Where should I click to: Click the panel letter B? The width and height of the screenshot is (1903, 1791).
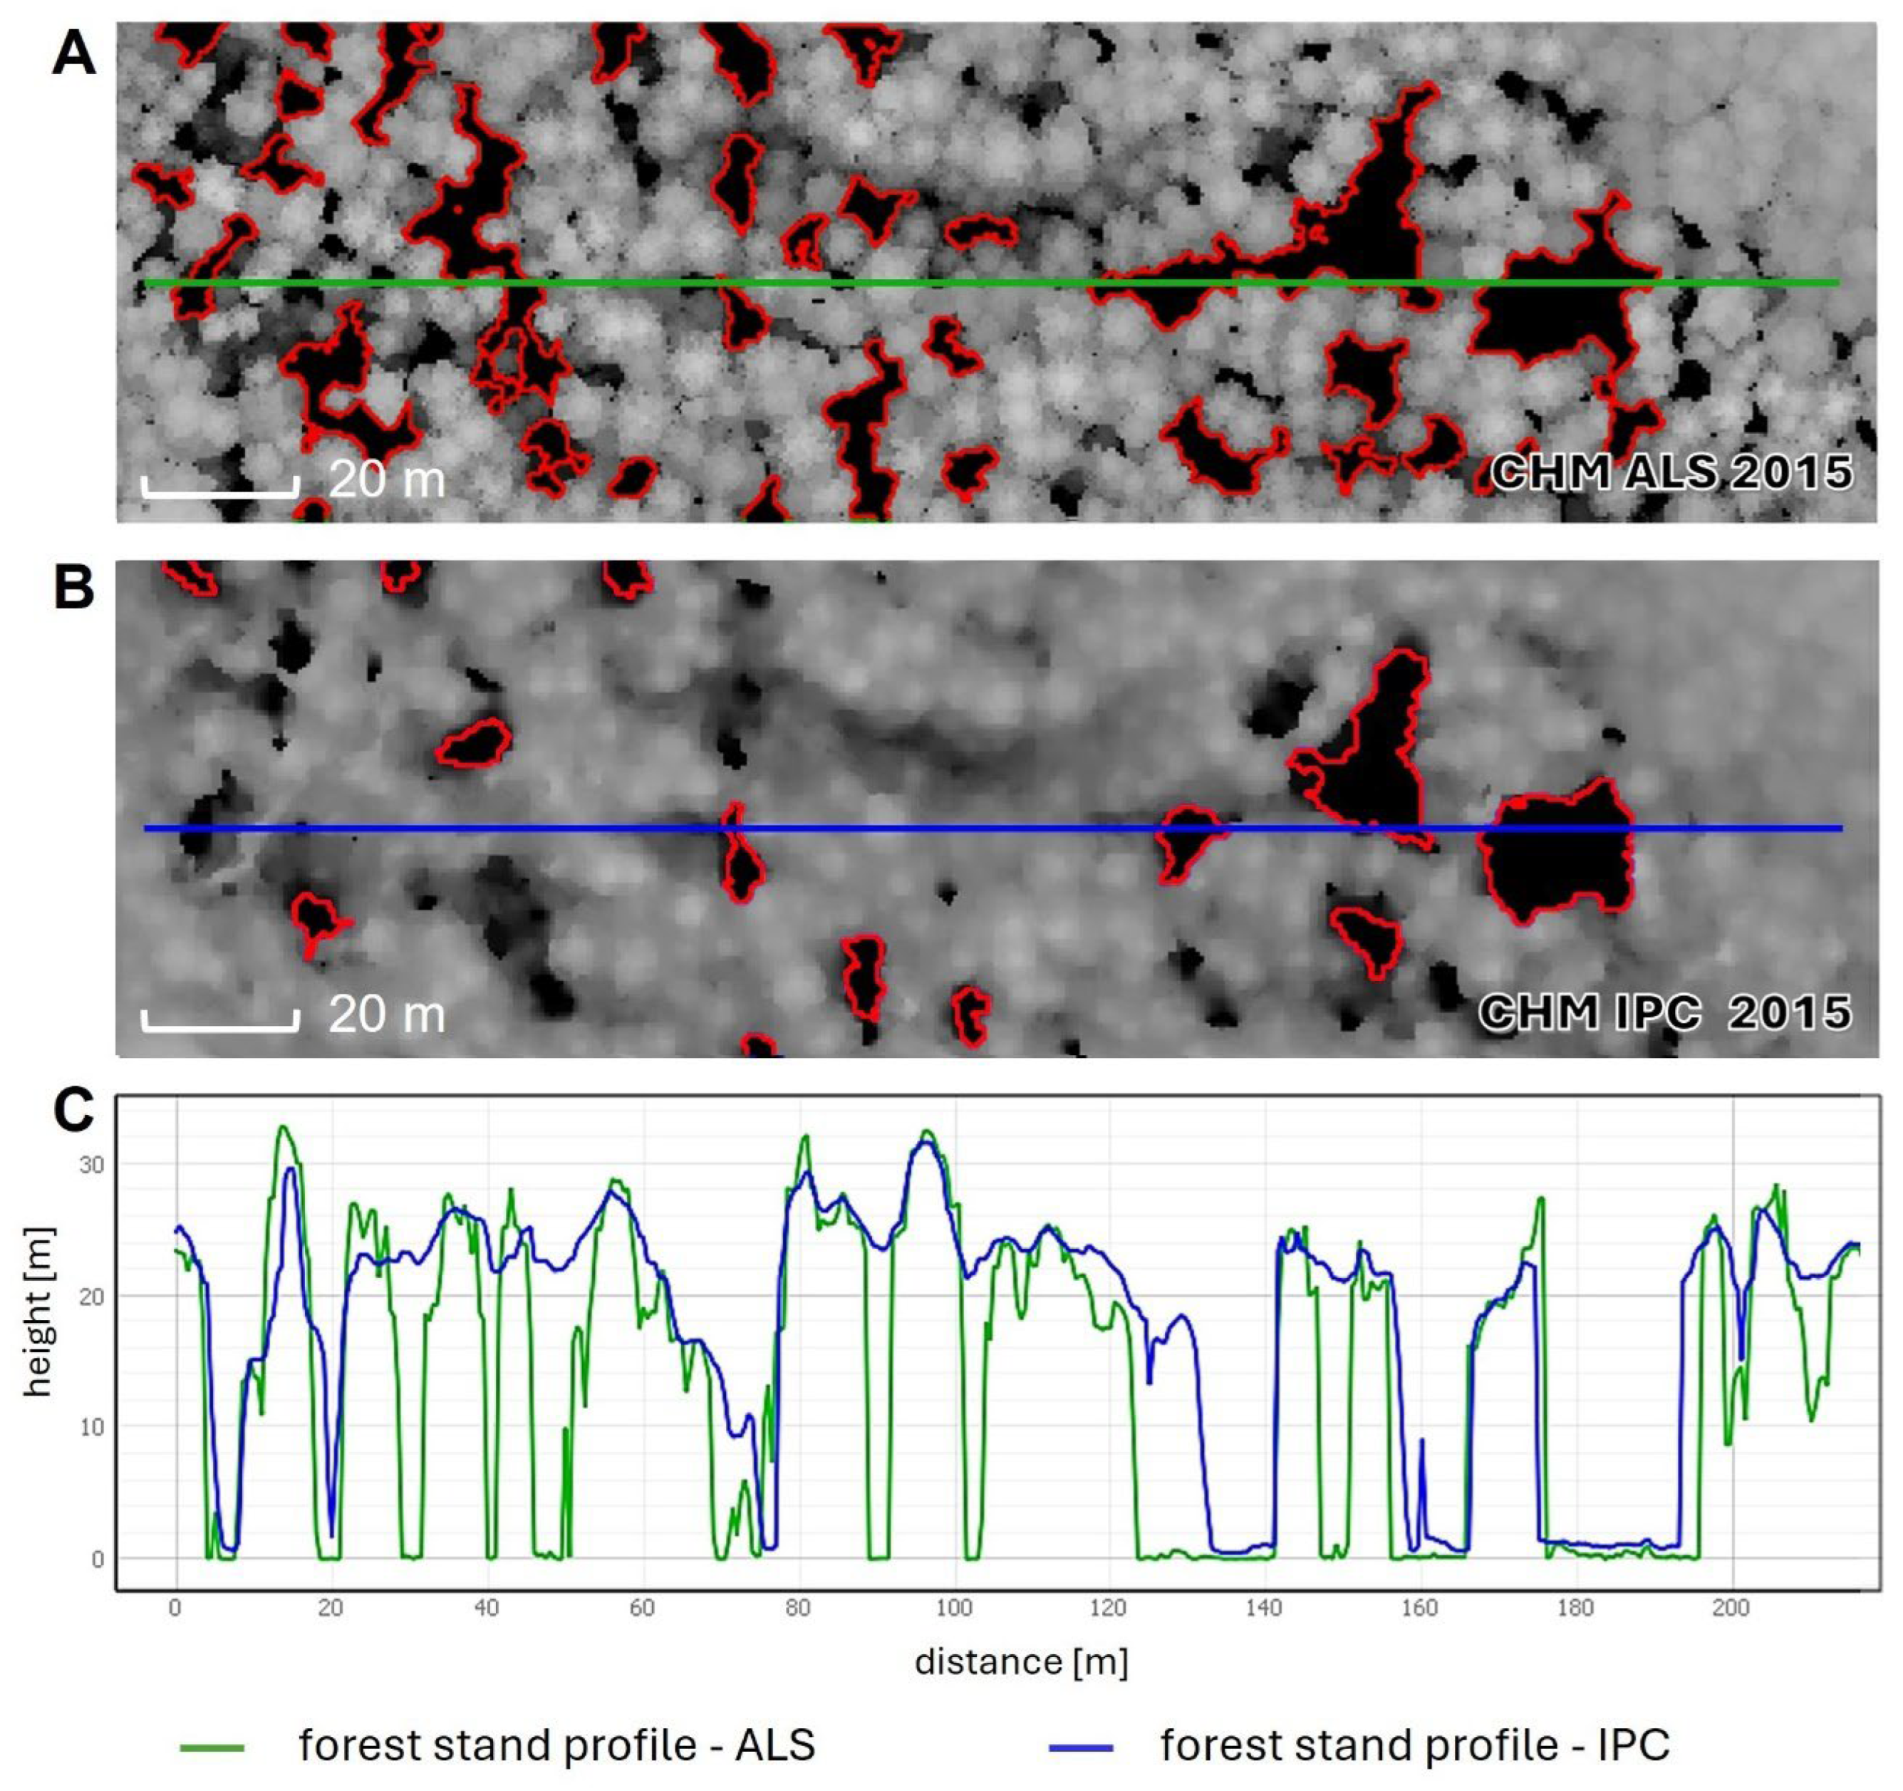[73, 587]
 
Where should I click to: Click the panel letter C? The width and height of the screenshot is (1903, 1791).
[73, 1111]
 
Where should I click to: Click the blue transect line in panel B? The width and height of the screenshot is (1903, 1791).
[958, 828]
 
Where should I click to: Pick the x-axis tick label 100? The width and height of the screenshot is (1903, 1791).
[953, 1607]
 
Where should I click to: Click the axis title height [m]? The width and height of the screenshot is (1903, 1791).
[38, 1312]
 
